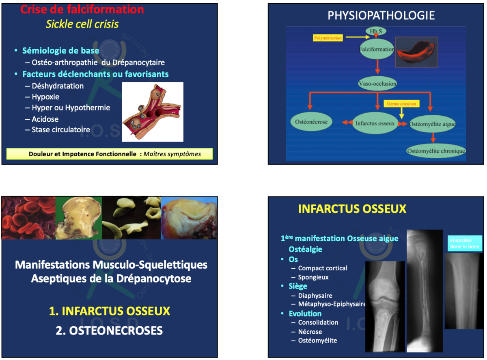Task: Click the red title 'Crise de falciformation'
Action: tap(82, 9)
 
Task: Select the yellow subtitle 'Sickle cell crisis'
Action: tap(82, 24)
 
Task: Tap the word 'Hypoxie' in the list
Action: tap(45, 97)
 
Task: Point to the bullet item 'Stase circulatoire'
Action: tap(61, 129)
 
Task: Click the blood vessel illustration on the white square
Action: tap(153, 112)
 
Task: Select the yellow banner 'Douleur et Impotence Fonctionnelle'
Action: tap(110, 154)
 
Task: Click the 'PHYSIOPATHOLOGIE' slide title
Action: tap(381, 15)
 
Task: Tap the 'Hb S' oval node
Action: tap(376, 31)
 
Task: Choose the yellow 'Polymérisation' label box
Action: tap(328, 38)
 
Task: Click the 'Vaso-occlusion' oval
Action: tap(377, 84)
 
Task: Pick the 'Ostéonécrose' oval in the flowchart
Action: tap(311, 122)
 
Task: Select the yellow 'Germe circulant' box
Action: tap(401, 103)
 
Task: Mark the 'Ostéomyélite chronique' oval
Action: tap(436, 151)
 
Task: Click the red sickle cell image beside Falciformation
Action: tap(416, 52)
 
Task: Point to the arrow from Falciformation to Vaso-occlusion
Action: tap(377, 67)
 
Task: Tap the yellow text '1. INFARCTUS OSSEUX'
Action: tap(109, 311)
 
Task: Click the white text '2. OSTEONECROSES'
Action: tap(109, 330)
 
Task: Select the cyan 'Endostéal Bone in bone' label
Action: tap(465, 244)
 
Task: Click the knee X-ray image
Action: tap(385, 306)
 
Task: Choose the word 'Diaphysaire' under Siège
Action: tap(315, 295)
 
